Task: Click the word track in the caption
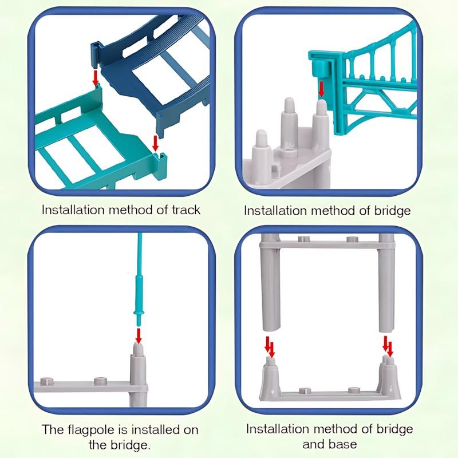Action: [185, 210]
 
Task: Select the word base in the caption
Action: [343, 444]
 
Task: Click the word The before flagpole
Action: [53, 429]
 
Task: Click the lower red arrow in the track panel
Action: [156, 143]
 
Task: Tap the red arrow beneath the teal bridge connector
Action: [321, 89]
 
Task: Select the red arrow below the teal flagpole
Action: [139, 336]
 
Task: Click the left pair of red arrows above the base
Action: [270, 347]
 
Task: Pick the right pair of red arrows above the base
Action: [388, 346]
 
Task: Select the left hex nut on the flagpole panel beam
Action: [47, 381]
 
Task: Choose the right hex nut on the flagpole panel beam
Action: [100, 381]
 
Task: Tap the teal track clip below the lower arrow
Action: [160, 165]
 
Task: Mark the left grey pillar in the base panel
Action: [270, 282]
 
